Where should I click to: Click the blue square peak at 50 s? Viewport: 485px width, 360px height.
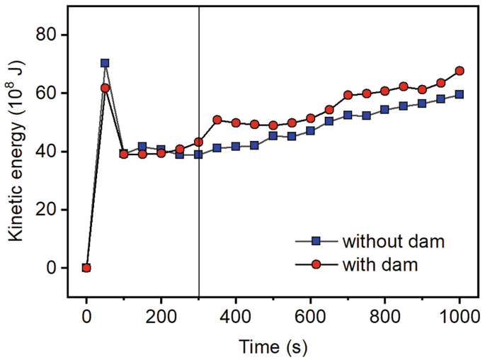[x=105, y=63]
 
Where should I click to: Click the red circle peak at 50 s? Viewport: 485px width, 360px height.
[x=105, y=88]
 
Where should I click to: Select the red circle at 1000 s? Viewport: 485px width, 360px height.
[x=460, y=71]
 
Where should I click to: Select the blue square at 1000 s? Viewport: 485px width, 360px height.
[x=460, y=94]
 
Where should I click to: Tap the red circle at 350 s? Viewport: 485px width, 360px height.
[x=217, y=120]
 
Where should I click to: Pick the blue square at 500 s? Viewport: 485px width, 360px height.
[x=273, y=135]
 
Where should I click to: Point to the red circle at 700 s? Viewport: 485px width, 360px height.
[x=348, y=95]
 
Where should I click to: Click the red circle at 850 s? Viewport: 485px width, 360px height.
[x=404, y=86]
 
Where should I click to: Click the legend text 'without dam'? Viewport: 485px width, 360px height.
[x=393, y=241]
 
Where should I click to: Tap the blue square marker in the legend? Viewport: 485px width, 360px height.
[x=316, y=241]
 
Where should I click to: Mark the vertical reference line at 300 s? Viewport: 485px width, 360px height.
[x=199, y=213]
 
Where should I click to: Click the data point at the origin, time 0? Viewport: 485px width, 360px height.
[x=86, y=268]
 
